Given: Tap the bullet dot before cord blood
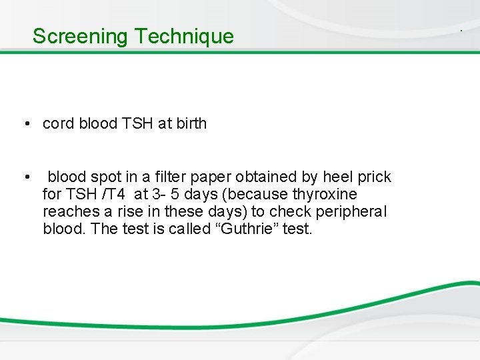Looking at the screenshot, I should tap(25, 124).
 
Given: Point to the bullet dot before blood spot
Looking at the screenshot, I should tap(25, 177).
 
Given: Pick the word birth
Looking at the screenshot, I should tap(191, 123).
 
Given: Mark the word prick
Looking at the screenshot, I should tap(375, 177).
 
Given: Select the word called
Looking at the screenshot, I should tap(167, 229).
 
